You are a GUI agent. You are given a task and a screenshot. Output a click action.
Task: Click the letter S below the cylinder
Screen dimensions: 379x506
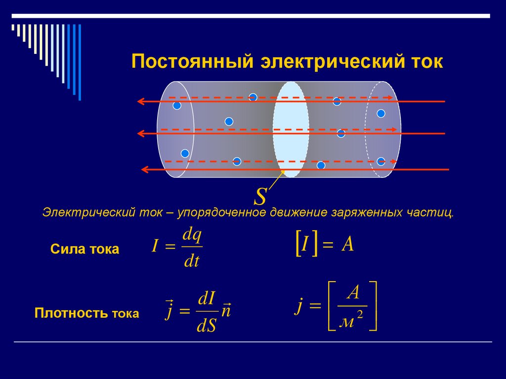pyautogui.click(x=260, y=196)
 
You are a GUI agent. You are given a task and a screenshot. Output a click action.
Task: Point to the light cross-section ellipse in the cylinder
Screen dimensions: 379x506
pyautogui.click(x=291, y=130)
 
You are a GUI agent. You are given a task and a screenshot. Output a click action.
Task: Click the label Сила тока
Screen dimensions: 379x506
pyautogui.click(x=84, y=249)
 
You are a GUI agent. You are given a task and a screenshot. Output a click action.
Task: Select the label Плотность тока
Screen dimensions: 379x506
pyautogui.click(x=86, y=313)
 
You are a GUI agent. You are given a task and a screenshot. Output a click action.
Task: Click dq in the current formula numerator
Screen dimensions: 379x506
pyautogui.click(x=192, y=236)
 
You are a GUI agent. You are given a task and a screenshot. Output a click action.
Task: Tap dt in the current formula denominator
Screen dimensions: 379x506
pyautogui.click(x=191, y=261)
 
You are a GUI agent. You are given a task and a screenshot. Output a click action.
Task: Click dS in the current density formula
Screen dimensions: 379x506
pyautogui.click(x=207, y=327)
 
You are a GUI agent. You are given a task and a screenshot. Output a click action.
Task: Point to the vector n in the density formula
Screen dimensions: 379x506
pyautogui.click(x=227, y=312)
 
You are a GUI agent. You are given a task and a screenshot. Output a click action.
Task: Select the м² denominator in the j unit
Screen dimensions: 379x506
pyautogui.click(x=352, y=322)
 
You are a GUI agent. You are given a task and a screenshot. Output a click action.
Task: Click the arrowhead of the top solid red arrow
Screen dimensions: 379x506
pyautogui.click(x=140, y=102)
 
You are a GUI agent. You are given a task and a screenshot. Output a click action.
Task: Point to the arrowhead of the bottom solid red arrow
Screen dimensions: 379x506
pyautogui.click(x=145, y=169)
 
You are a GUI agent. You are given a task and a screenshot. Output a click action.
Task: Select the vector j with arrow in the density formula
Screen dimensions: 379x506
pyautogui.click(x=169, y=310)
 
